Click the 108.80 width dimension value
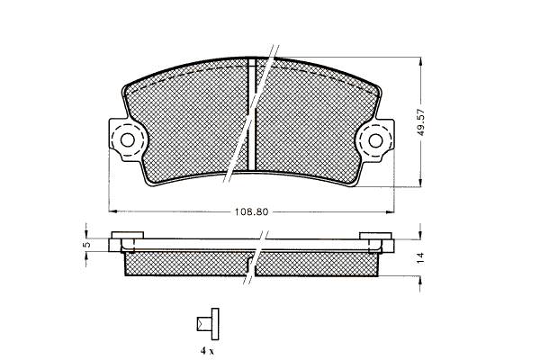(251, 211)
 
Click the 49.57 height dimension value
(421, 122)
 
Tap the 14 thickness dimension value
(420, 258)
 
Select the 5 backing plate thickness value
(86, 245)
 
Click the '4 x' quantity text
(207, 351)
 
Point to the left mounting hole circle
(128, 140)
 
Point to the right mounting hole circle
(375, 140)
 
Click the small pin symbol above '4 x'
(208, 324)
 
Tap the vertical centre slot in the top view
(252, 114)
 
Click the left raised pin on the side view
(128, 235)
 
